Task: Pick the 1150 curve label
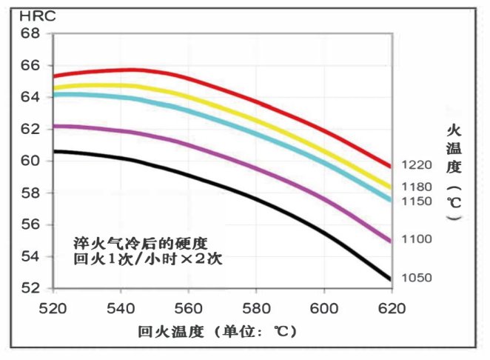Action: pos(416,201)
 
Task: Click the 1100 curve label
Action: pos(416,239)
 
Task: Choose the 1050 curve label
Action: pos(416,278)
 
